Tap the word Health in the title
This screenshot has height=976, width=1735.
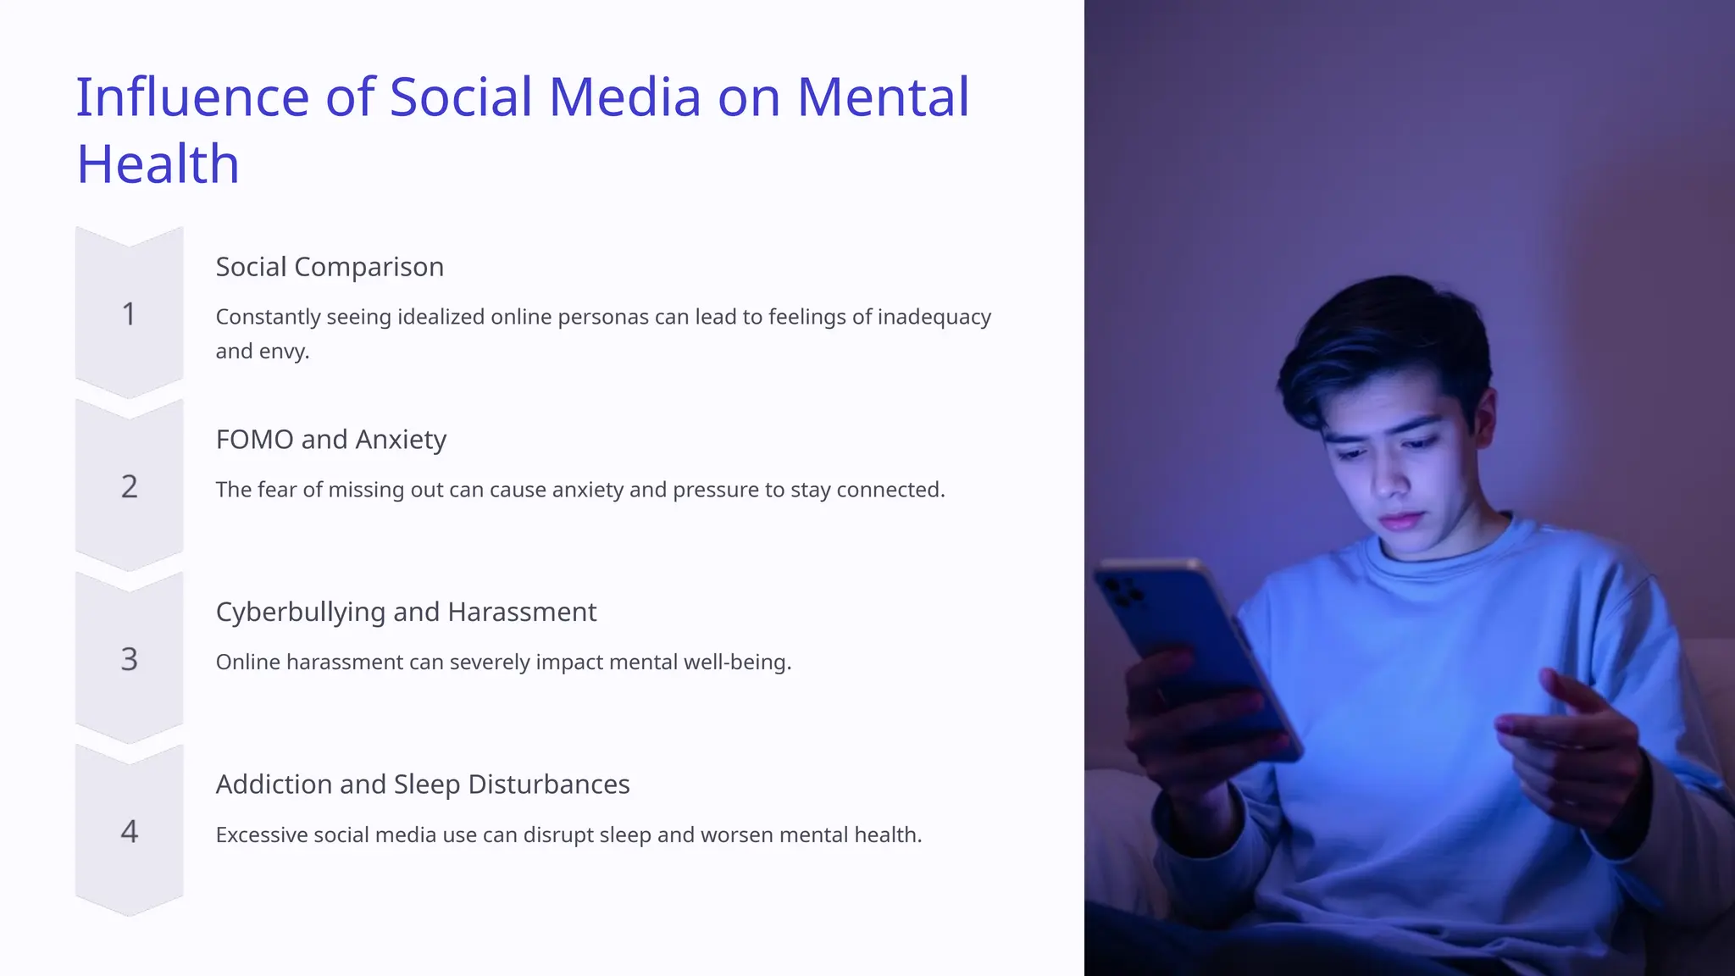pyautogui.click(x=158, y=164)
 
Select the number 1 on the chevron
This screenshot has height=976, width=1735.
pyautogui.click(x=129, y=314)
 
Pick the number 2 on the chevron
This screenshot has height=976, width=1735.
pyautogui.click(x=129, y=487)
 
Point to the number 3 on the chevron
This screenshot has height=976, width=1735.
pyautogui.click(x=129, y=659)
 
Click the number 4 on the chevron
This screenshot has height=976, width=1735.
pyautogui.click(x=129, y=832)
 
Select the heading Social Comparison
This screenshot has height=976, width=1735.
pyautogui.click(x=330, y=267)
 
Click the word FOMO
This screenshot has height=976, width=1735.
pyautogui.click(x=254, y=440)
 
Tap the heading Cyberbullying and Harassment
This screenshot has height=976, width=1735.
pyautogui.click(x=406, y=612)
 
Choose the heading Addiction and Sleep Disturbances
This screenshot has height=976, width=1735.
pyautogui.click(x=423, y=785)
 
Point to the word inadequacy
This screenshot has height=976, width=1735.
pyautogui.click(x=934, y=317)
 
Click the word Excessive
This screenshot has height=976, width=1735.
pyautogui.click(x=262, y=835)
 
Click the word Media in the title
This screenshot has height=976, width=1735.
pyautogui.click(x=624, y=97)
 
